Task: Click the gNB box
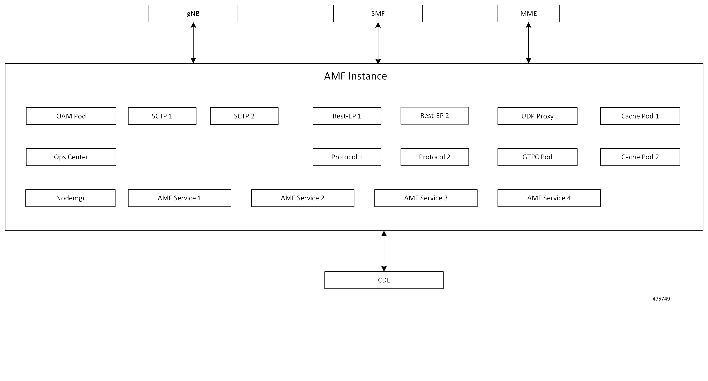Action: (193, 14)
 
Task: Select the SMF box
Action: (378, 14)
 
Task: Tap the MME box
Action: (528, 14)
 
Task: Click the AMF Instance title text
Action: (355, 76)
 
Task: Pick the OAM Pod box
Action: (71, 116)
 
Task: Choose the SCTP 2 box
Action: (244, 116)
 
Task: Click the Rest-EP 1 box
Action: (347, 116)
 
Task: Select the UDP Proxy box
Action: (537, 116)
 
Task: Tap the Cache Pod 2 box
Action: (640, 157)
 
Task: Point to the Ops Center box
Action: (71, 157)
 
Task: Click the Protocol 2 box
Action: (435, 157)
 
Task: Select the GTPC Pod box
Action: (537, 157)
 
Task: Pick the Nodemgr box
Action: (70, 198)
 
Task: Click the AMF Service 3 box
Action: (426, 198)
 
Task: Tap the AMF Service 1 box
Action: (179, 198)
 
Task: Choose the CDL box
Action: (384, 280)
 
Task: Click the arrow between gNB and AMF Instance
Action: (193, 42)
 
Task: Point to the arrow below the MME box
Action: (528, 42)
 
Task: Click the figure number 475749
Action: (661, 299)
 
